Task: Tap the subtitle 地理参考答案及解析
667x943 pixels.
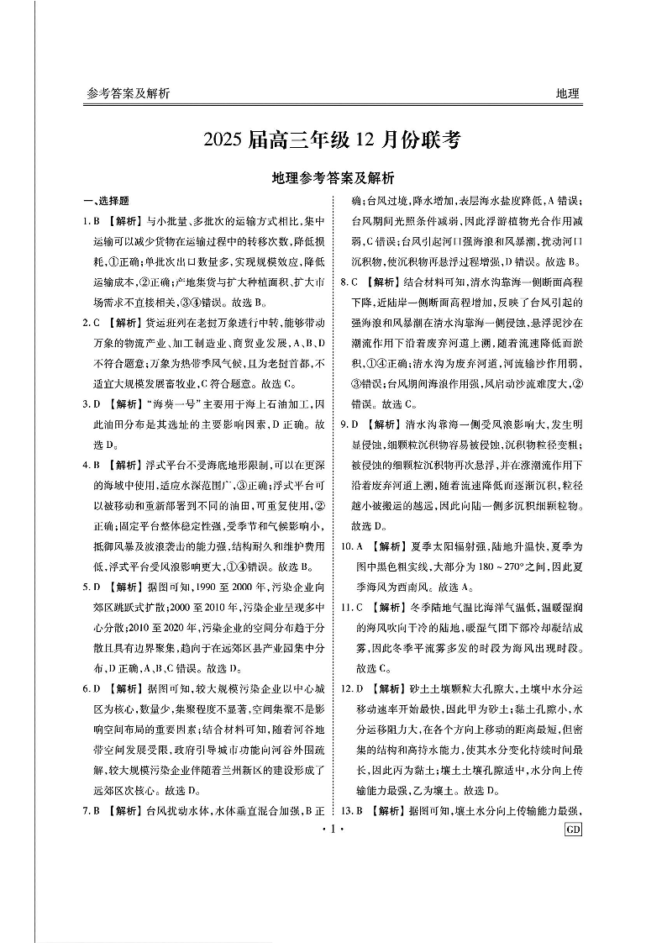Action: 333,178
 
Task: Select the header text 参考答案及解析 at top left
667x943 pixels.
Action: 128,94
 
